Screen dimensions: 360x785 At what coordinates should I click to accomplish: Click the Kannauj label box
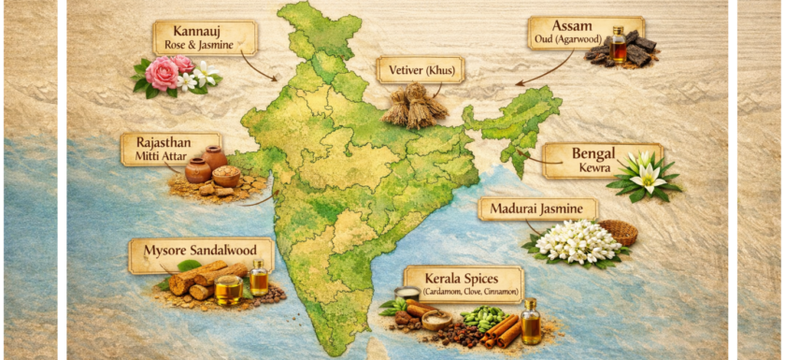click(205, 37)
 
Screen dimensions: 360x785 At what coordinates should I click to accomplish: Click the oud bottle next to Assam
click(619, 47)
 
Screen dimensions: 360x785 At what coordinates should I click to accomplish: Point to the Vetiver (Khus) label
click(420, 70)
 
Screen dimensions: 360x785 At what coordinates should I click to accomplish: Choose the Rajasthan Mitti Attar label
click(170, 149)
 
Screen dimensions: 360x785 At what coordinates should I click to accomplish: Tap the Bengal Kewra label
click(603, 159)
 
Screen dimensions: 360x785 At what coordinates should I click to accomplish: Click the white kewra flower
click(645, 175)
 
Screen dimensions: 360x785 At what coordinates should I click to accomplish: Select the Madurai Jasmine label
click(537, 209)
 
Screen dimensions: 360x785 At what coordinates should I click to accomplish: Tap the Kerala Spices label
click(461, 283)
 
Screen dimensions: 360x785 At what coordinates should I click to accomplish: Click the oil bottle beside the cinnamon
click(531, 323)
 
